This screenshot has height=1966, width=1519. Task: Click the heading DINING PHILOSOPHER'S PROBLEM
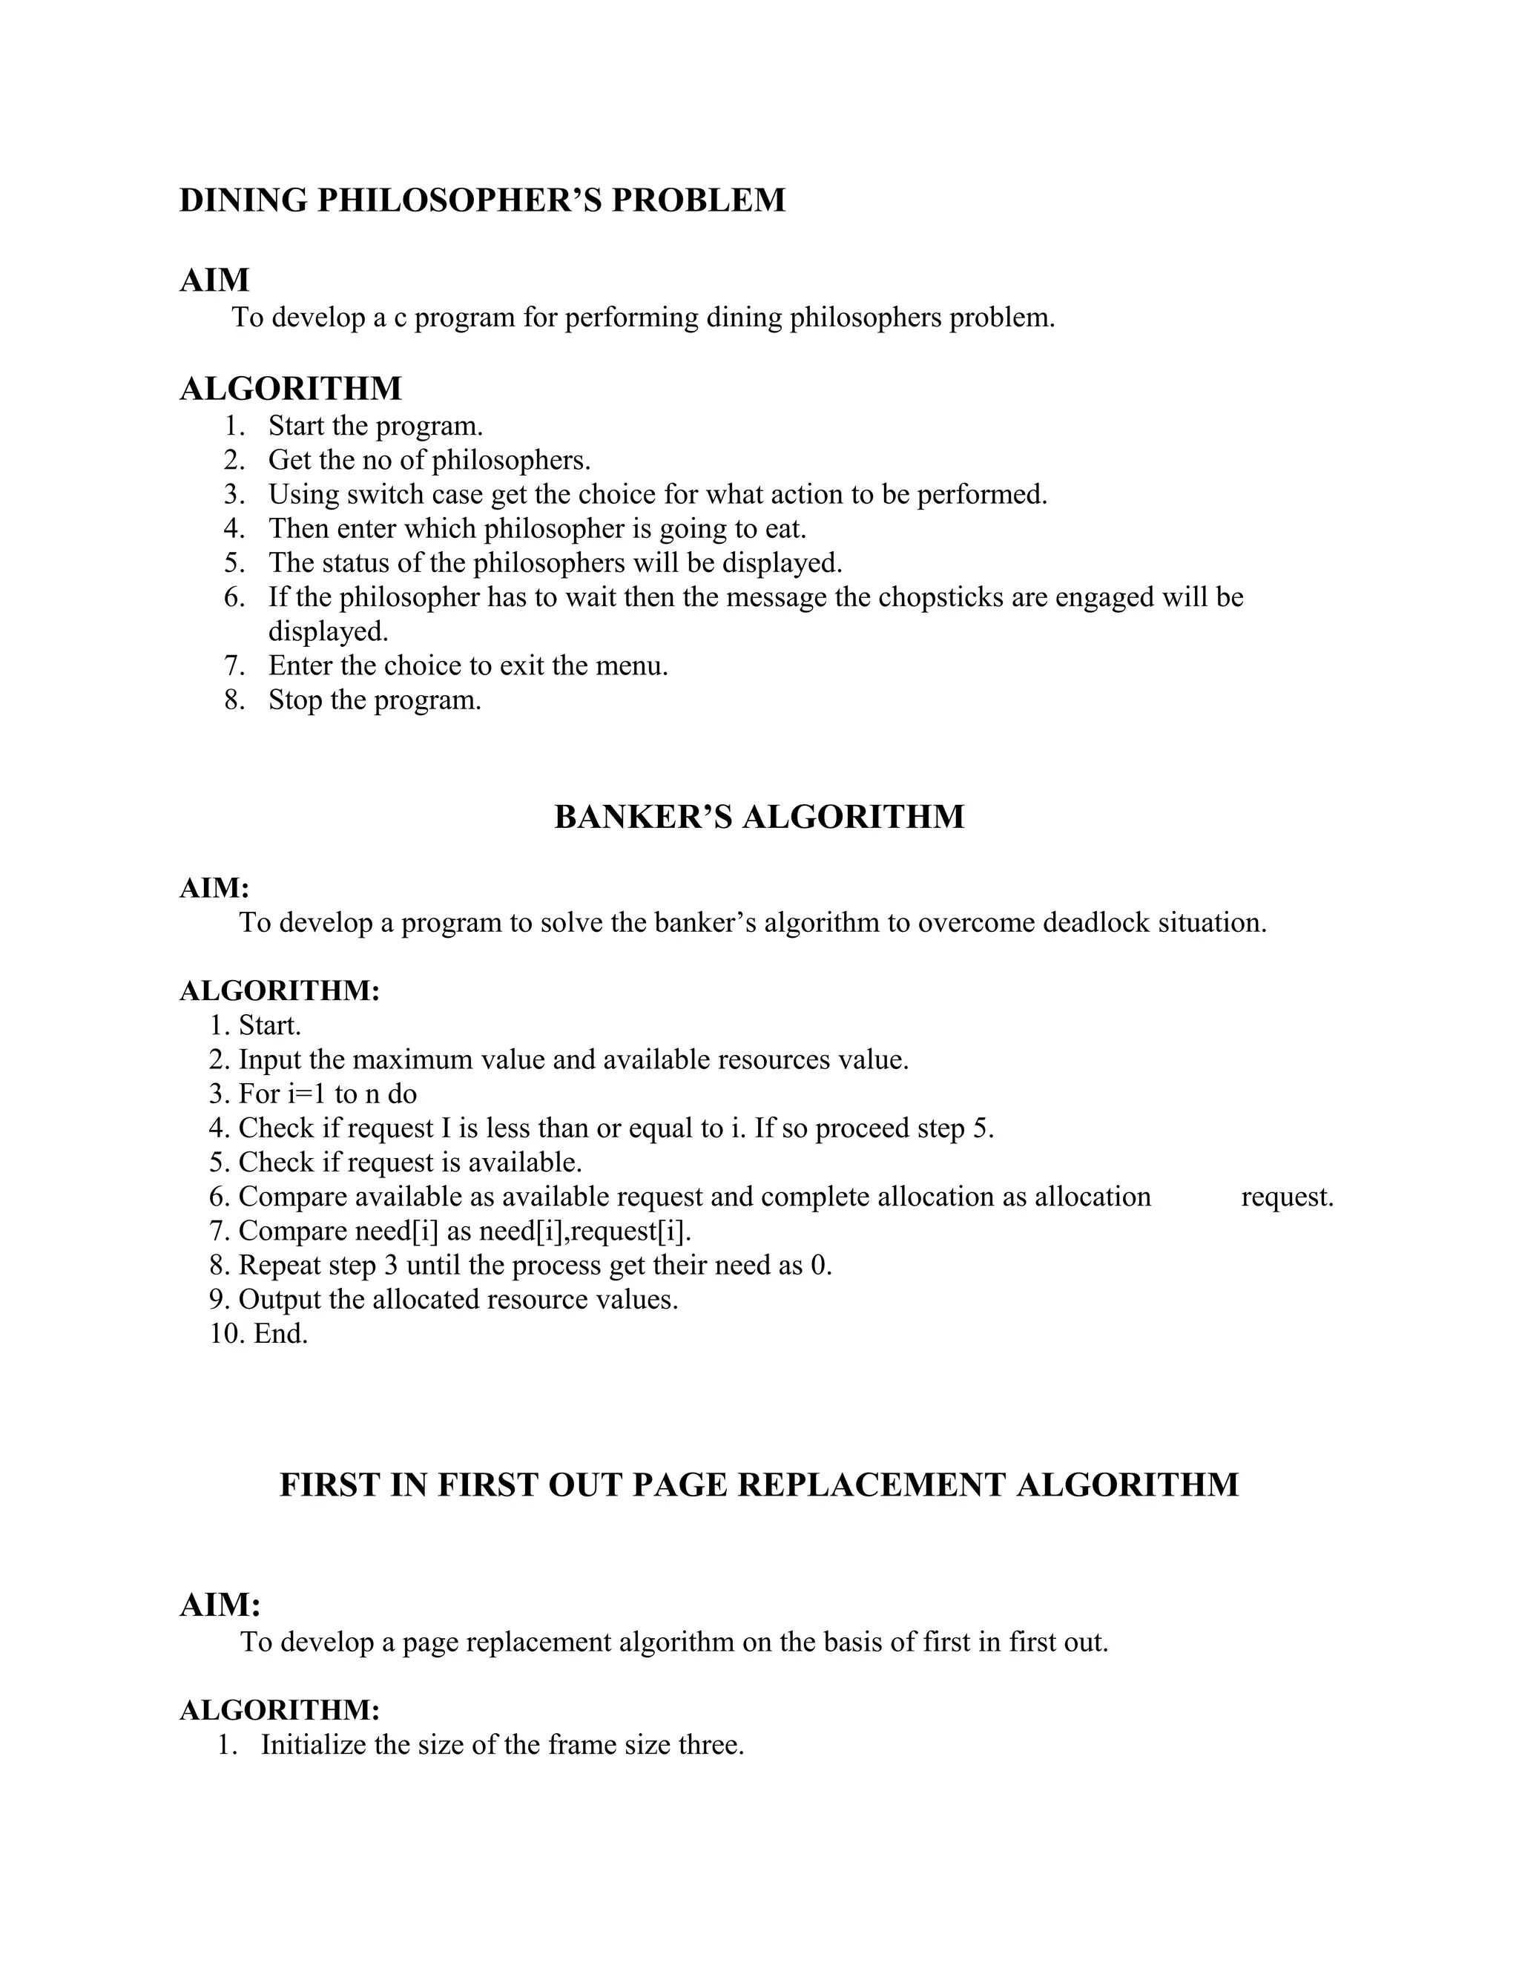coord(482,200)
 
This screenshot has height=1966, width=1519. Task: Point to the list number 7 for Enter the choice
coord(233,665)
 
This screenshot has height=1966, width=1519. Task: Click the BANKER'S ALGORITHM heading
coord(759,817)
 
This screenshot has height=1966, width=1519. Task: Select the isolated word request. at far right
coord(1287,1197)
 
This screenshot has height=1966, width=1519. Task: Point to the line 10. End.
coord(259,1333)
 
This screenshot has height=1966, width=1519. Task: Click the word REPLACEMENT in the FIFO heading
coord(870,1485)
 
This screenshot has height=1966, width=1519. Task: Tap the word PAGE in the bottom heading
coord(680,1485)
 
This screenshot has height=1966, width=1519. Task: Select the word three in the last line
coord(710,1745)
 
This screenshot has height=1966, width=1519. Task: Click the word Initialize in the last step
coord(313,1745)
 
